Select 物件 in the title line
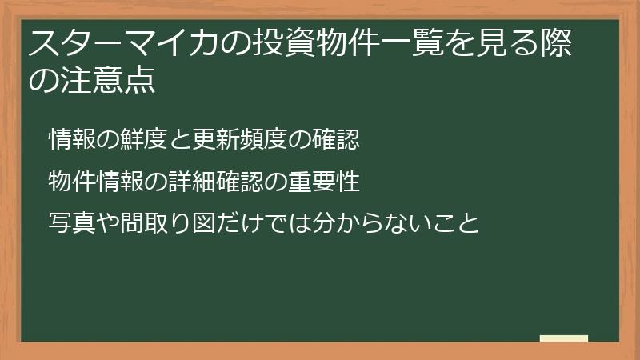coord(330,44)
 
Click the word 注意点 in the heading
coord(105,82)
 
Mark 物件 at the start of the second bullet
coord(69,182)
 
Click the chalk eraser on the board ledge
coord(563,338)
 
